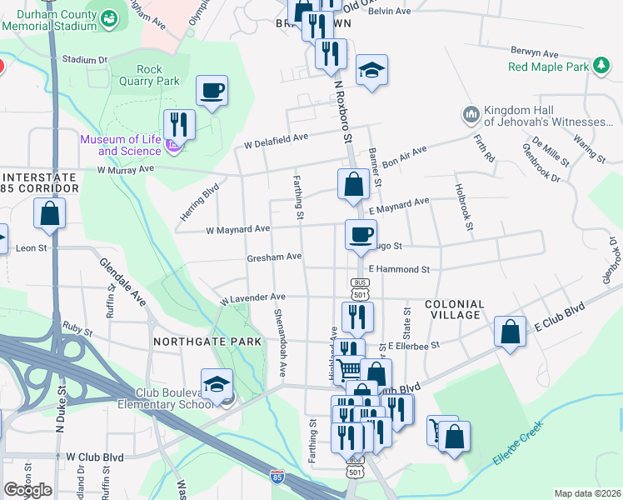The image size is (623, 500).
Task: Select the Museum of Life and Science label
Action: click(x=121, y=145)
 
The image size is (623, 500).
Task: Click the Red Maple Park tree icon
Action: click(x=601, y=66)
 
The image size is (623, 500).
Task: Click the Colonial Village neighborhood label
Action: click(x=454, y=309)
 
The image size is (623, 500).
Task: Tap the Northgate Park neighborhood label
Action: click(x=196, y=342)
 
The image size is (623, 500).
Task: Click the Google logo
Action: click(x=27, y=490)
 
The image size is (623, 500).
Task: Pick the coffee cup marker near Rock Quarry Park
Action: click(x=212, y=91)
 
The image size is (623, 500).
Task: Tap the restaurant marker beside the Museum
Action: click(x=179, y=125)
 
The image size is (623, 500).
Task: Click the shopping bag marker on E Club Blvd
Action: click(x=510, y=332)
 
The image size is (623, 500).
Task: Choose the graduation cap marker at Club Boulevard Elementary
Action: click(x=217, y=385)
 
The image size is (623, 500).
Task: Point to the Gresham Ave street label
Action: click(x=274, y=257)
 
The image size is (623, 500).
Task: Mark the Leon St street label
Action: click(x=31, y=248)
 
